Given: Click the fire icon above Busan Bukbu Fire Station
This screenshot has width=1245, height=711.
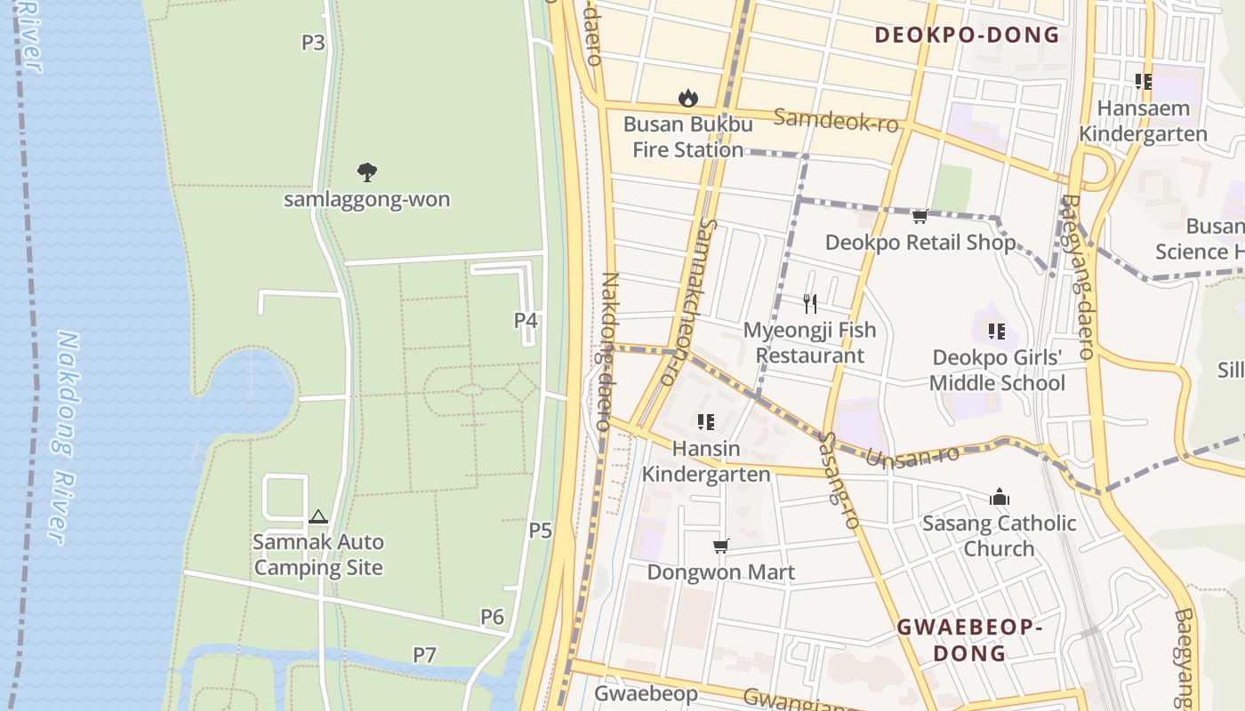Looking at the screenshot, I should coord(687,98).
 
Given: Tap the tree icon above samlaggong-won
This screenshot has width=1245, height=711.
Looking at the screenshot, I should coord(366,172).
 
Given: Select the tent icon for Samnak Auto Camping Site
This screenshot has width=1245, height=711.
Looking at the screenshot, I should coord(317,516).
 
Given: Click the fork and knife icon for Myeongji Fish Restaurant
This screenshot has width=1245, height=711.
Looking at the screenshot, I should coord(809,304).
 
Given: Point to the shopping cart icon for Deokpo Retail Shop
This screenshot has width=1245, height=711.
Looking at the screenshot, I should coord(920,216).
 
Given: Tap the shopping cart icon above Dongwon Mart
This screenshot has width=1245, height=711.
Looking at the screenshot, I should coord(720,546).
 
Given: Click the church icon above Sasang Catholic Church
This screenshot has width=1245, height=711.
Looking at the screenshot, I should coord(1000,497).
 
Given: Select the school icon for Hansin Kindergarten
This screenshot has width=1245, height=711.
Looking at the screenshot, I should coord(706,422).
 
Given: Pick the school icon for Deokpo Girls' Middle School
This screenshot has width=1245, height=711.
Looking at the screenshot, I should coord(997,332).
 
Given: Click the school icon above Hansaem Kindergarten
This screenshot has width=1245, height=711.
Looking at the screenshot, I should coord(1144,82).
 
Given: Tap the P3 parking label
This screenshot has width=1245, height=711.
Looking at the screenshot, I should coord(313,42).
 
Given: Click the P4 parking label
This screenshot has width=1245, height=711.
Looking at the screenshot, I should coord(526,320).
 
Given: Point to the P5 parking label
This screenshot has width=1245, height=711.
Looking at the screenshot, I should coord(541,531).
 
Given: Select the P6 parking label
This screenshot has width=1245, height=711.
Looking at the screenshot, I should coord(492,617).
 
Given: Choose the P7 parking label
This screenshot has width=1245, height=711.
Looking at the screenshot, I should coord(424,655).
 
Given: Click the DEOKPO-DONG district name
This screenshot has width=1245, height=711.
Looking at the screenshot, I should coord(967,35).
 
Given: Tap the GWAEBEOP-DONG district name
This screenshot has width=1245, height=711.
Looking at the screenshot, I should coord(968,640).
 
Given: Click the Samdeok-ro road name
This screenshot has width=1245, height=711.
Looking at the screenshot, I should coord(836,120).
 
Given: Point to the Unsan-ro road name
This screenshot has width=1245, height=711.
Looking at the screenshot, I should coord(912,456).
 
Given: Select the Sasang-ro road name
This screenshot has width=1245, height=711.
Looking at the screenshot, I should coord(839,481).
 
